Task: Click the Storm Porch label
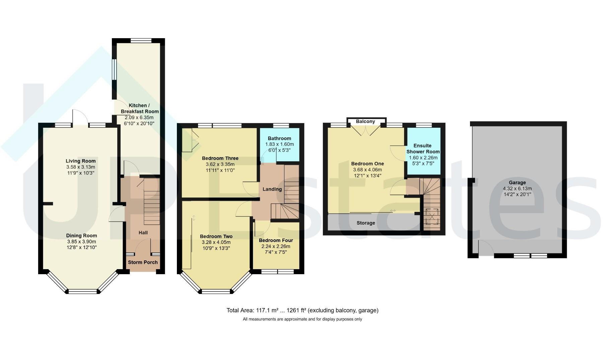pos(143,262)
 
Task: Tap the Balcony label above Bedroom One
pos(365,121)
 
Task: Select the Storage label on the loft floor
pos(366,223)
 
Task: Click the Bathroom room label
pos(279,138)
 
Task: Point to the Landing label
pos(272,189)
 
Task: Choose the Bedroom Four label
pos(276,240)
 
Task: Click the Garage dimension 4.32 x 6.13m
pos(517,188)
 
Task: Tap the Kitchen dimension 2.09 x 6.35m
pos(139,117)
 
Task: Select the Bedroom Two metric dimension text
pos(216,242)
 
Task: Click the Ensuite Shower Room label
pos(423,148)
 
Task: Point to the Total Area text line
pos(302,310)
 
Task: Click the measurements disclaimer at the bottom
pos(302,319)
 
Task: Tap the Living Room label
pos(81,161)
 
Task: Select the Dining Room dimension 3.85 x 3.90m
pos(81,241)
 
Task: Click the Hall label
pos(143,233)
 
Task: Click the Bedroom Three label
pos(220,158)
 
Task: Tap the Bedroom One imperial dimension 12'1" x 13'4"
pos(367,176)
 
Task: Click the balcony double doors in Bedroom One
pos(365,130)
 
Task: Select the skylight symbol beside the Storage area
pos(431,216)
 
